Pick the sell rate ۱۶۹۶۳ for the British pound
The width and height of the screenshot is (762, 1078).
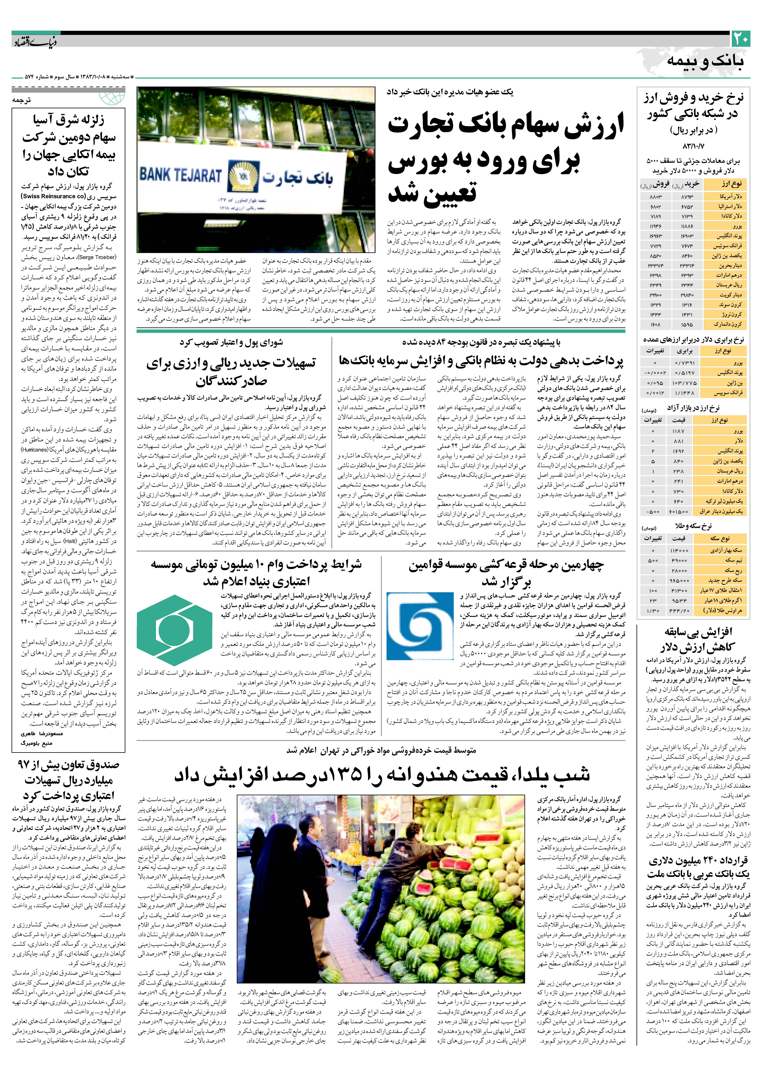click(x=655, y=236)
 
